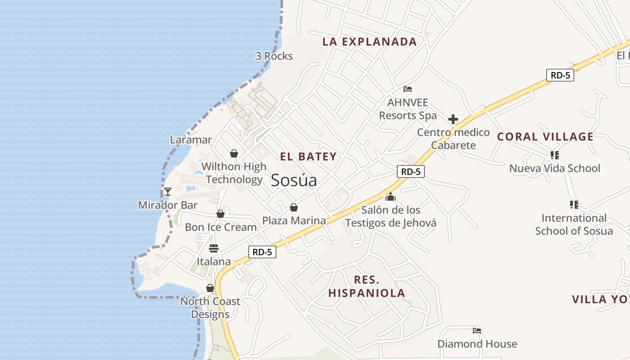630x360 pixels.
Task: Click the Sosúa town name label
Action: [294, 180]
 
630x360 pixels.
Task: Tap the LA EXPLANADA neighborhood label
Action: [370, 42]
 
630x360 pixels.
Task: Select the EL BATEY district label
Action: [308, 157]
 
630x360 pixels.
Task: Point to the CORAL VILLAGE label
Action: [545, 137]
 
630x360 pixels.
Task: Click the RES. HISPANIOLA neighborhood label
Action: [367, 287]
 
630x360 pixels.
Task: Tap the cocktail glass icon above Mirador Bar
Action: [167, 192]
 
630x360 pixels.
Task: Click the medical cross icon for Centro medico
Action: [453, 119]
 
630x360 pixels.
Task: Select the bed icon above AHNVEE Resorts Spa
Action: [408, 89]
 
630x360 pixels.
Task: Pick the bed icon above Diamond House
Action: [477, 331]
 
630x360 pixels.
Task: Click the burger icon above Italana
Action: [214, 248]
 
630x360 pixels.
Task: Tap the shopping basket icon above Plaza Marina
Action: [294, 207]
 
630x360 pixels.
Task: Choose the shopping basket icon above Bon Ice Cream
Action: [220, 214]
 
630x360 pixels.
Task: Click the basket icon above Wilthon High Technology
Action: [234, 153]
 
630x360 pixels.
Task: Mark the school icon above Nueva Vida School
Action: [554, 155]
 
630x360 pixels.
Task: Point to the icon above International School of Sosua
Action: [574, 205]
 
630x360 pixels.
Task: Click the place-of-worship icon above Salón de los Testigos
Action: [390, 197]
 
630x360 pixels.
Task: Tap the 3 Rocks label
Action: [274, 56]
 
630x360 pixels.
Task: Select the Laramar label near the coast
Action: [191, 140]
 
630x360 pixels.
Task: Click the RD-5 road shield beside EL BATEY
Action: [411, 171]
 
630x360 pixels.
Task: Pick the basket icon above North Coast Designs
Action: [210, 288]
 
